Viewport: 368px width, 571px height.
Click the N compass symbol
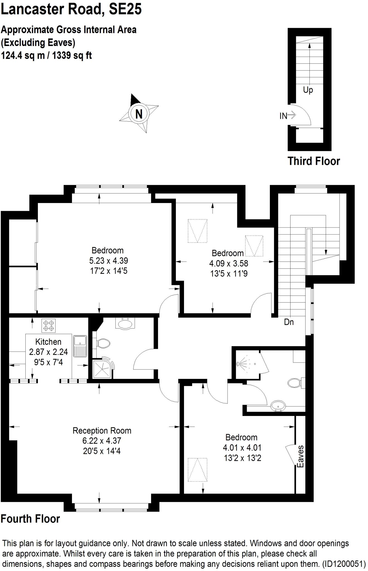(139, 114)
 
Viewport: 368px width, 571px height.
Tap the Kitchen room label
(48, 342)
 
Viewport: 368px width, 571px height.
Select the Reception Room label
(102, 430)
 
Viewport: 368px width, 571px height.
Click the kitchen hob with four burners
(49, 326)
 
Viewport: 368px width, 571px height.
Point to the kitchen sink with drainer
(80, 346)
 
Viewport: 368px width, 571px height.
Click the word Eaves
(300, 456)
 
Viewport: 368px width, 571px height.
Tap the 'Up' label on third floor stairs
(308, 90)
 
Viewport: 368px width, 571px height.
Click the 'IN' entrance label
(284, 116)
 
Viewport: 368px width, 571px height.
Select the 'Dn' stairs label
(289, 322)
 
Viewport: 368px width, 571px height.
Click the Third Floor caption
(314, 161)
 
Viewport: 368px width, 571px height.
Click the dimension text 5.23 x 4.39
(108, 260)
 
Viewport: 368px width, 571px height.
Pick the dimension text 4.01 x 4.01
(242, 447)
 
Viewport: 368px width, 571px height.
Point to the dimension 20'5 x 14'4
(102, 451)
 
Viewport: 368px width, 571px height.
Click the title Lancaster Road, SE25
(71, 9)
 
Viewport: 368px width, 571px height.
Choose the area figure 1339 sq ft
(72, 55)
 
